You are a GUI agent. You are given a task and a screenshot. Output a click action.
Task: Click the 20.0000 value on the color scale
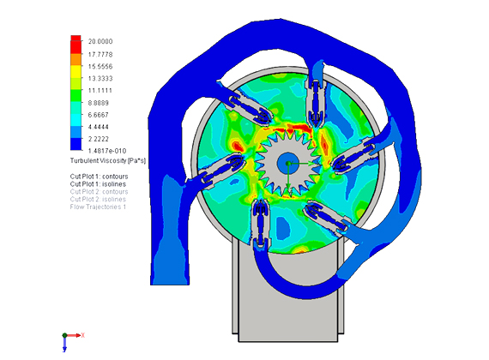100,41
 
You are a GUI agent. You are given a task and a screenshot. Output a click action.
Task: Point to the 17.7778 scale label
100,55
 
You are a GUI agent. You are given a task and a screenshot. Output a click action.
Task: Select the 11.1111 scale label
100,91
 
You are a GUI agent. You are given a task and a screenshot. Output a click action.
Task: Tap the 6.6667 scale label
99,115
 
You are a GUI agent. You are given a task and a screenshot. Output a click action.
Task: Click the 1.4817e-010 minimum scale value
107,151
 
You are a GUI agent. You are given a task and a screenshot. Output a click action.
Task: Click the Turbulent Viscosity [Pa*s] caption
108,161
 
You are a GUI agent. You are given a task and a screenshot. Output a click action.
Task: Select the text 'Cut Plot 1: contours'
100,177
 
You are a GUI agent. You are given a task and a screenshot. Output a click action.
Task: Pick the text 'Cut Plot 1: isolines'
99,184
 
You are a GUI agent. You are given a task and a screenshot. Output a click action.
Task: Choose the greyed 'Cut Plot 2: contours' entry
100,192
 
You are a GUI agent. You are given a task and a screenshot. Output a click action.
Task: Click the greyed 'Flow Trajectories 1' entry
99,207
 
